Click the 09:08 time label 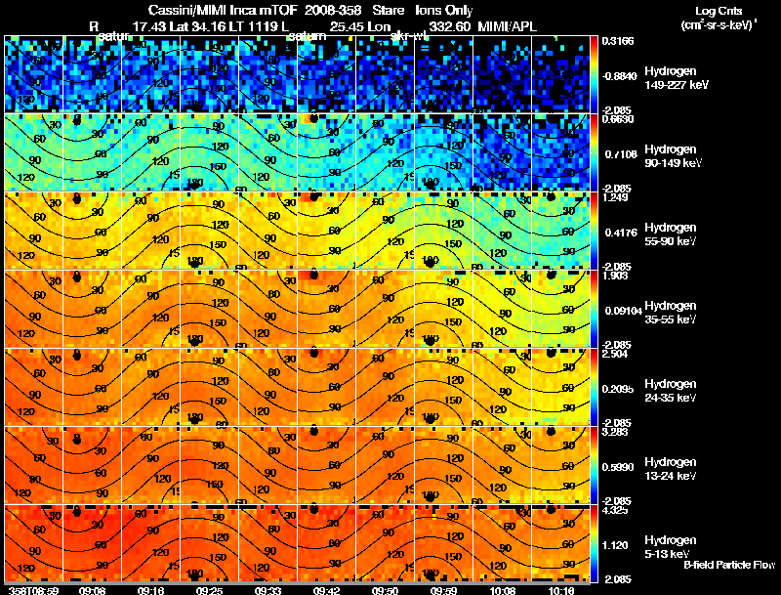(93, 590)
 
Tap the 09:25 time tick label (209, 590)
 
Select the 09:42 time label (323, 590)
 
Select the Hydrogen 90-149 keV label (672, 156)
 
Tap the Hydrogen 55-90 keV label (670, 234)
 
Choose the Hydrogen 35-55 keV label (670, 313)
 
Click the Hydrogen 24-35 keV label (670, 391)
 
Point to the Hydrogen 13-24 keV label (670, 469)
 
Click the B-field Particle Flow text (728, 565)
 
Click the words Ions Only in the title (444, 11)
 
